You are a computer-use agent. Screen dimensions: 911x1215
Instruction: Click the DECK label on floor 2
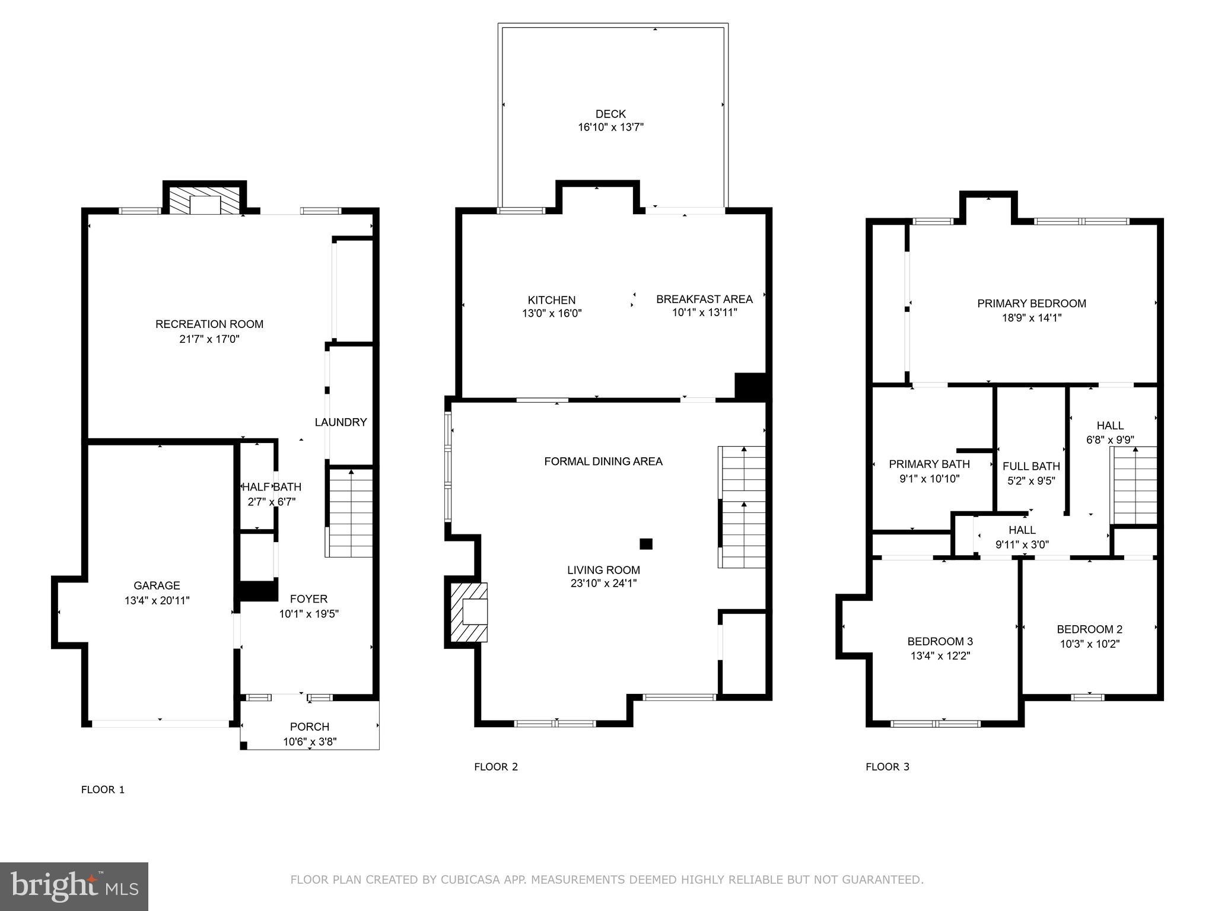point(610,114)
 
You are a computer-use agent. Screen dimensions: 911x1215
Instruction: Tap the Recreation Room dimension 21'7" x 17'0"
point(209,339)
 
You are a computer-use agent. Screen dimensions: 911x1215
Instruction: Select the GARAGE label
point(157,585)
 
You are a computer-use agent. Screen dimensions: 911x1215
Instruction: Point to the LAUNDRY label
point(341,422)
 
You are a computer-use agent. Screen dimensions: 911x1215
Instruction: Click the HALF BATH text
point(272,487)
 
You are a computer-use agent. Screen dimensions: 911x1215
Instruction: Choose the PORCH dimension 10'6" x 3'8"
point(310,741)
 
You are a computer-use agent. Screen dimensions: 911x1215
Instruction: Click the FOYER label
point(308,599)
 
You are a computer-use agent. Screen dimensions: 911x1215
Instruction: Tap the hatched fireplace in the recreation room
point(205,200)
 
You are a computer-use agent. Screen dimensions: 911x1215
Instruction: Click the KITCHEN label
point(552,300)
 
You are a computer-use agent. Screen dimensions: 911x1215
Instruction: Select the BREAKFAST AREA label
point(704,299)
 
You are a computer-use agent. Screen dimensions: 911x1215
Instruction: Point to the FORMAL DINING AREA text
point(603,461)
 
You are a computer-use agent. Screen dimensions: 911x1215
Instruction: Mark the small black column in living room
point(646,543)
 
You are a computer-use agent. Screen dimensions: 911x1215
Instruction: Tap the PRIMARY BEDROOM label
point(1032,304)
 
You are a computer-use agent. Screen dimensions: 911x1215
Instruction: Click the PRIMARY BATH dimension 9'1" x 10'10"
point(929,479)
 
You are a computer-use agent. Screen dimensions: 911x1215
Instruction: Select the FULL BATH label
point(1031,466)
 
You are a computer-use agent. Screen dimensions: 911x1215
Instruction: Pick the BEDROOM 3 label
point(940,641)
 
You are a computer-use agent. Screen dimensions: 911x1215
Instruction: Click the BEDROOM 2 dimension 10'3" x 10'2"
point(1089,644)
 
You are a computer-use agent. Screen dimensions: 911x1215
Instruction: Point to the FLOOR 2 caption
point(496,767)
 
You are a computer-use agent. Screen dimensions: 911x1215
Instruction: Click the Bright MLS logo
point(74,887)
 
